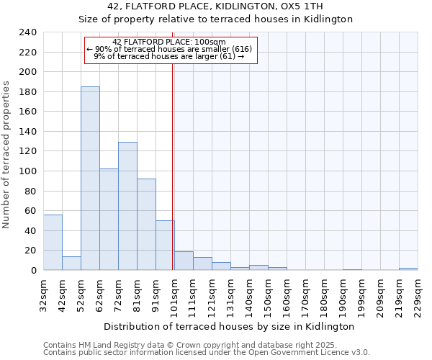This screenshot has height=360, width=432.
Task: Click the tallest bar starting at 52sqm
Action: tap(90, 179)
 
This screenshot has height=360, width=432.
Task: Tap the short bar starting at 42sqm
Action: tap(71, 264)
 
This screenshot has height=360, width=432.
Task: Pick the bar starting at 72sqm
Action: tap(127, 206)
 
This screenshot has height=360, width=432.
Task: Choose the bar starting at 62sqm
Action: tap(109, 220)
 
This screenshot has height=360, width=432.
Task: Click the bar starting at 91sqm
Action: tap(165, 246)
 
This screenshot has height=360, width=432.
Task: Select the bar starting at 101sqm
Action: tap(184, 261)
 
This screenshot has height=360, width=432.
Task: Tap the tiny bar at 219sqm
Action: tap(408, 269)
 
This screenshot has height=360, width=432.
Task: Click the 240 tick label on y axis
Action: tap(27, 32)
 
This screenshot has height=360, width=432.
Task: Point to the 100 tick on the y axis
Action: tap(27, 171)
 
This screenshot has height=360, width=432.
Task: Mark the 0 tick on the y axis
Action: tap(33, 270)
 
